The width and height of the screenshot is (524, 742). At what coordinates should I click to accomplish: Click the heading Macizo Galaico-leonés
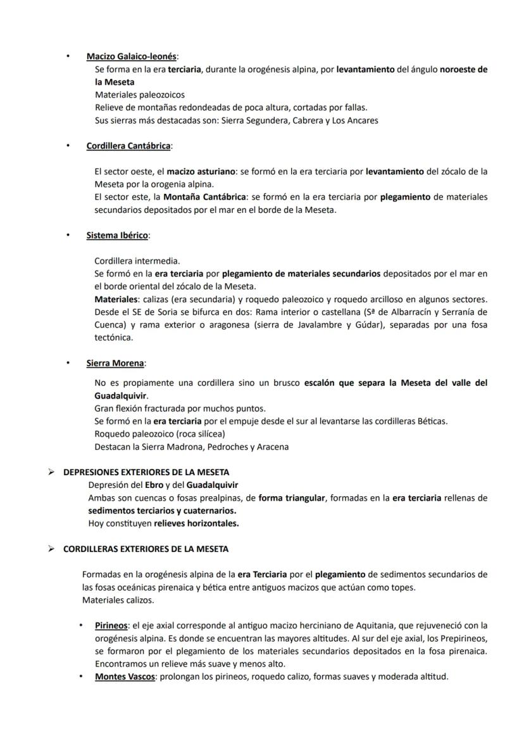pyautogui.click(x=132, y=56)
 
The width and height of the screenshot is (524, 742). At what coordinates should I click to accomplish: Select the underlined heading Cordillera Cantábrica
pyautogui.click(x=128, y=146)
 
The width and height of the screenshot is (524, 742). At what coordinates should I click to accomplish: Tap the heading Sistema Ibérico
pyautogui.click(x=117, y=235)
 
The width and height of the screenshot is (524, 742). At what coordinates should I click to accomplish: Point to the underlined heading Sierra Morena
pyautogui.click(x=115, y=363)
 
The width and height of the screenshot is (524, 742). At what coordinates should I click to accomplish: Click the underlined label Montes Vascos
pyautogui.click(x=125, y=676)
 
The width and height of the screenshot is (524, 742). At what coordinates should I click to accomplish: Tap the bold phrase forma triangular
pyautogui.click(x=292, y=498)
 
